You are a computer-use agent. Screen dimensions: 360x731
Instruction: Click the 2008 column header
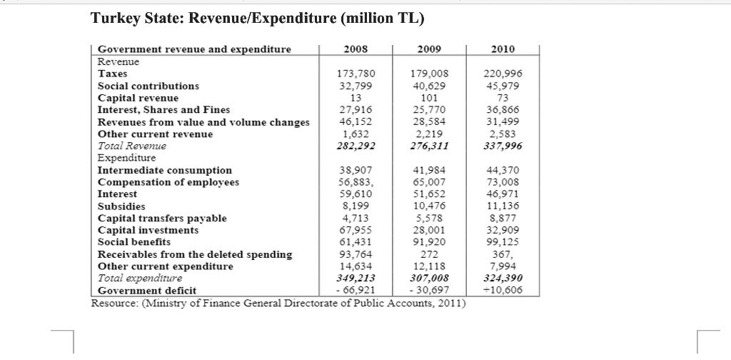tap(356, 49)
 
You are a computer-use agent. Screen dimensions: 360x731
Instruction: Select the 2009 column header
tap(429, 49)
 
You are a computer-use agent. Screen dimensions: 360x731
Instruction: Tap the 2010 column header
tap(503, 49)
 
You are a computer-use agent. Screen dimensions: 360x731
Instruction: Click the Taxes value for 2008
tap(356, 74)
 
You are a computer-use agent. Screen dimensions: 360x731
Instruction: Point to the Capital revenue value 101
tap(429, 98)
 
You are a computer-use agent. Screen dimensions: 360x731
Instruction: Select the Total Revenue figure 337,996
tap(503, 146)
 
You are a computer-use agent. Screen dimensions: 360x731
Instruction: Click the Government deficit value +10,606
tap(503, 291)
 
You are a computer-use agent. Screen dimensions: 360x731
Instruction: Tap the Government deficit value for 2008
tap(356, 291)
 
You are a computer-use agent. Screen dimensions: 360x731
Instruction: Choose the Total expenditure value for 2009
tap(429, 279)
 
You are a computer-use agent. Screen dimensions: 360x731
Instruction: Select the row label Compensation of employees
tap(168, 182)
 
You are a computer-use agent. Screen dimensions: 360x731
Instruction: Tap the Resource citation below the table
tap(278, 303)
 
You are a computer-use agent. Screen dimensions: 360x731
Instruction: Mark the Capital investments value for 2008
tap(356, 230)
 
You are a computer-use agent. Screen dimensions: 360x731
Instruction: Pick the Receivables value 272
tap(429, 254)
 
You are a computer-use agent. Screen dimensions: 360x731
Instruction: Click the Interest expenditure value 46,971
tap(503, 194)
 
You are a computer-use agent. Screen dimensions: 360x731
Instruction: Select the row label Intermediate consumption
tap(164, 170)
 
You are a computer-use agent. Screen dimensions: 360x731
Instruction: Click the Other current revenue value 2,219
tap(429, 134)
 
